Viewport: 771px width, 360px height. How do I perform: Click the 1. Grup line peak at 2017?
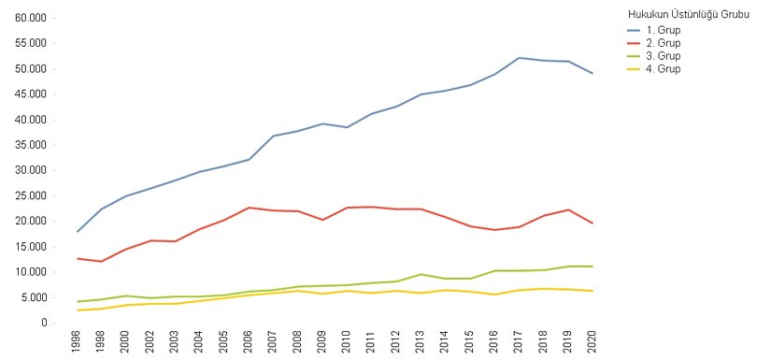point(518,58)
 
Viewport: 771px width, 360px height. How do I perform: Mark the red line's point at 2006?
point(249,208)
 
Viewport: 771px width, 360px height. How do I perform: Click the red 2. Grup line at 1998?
point(101,262)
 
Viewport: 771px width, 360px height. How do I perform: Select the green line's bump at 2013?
point(420,274)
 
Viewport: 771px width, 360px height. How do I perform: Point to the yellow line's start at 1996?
point(77,310)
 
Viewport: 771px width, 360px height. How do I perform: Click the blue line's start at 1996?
point(77,231)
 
